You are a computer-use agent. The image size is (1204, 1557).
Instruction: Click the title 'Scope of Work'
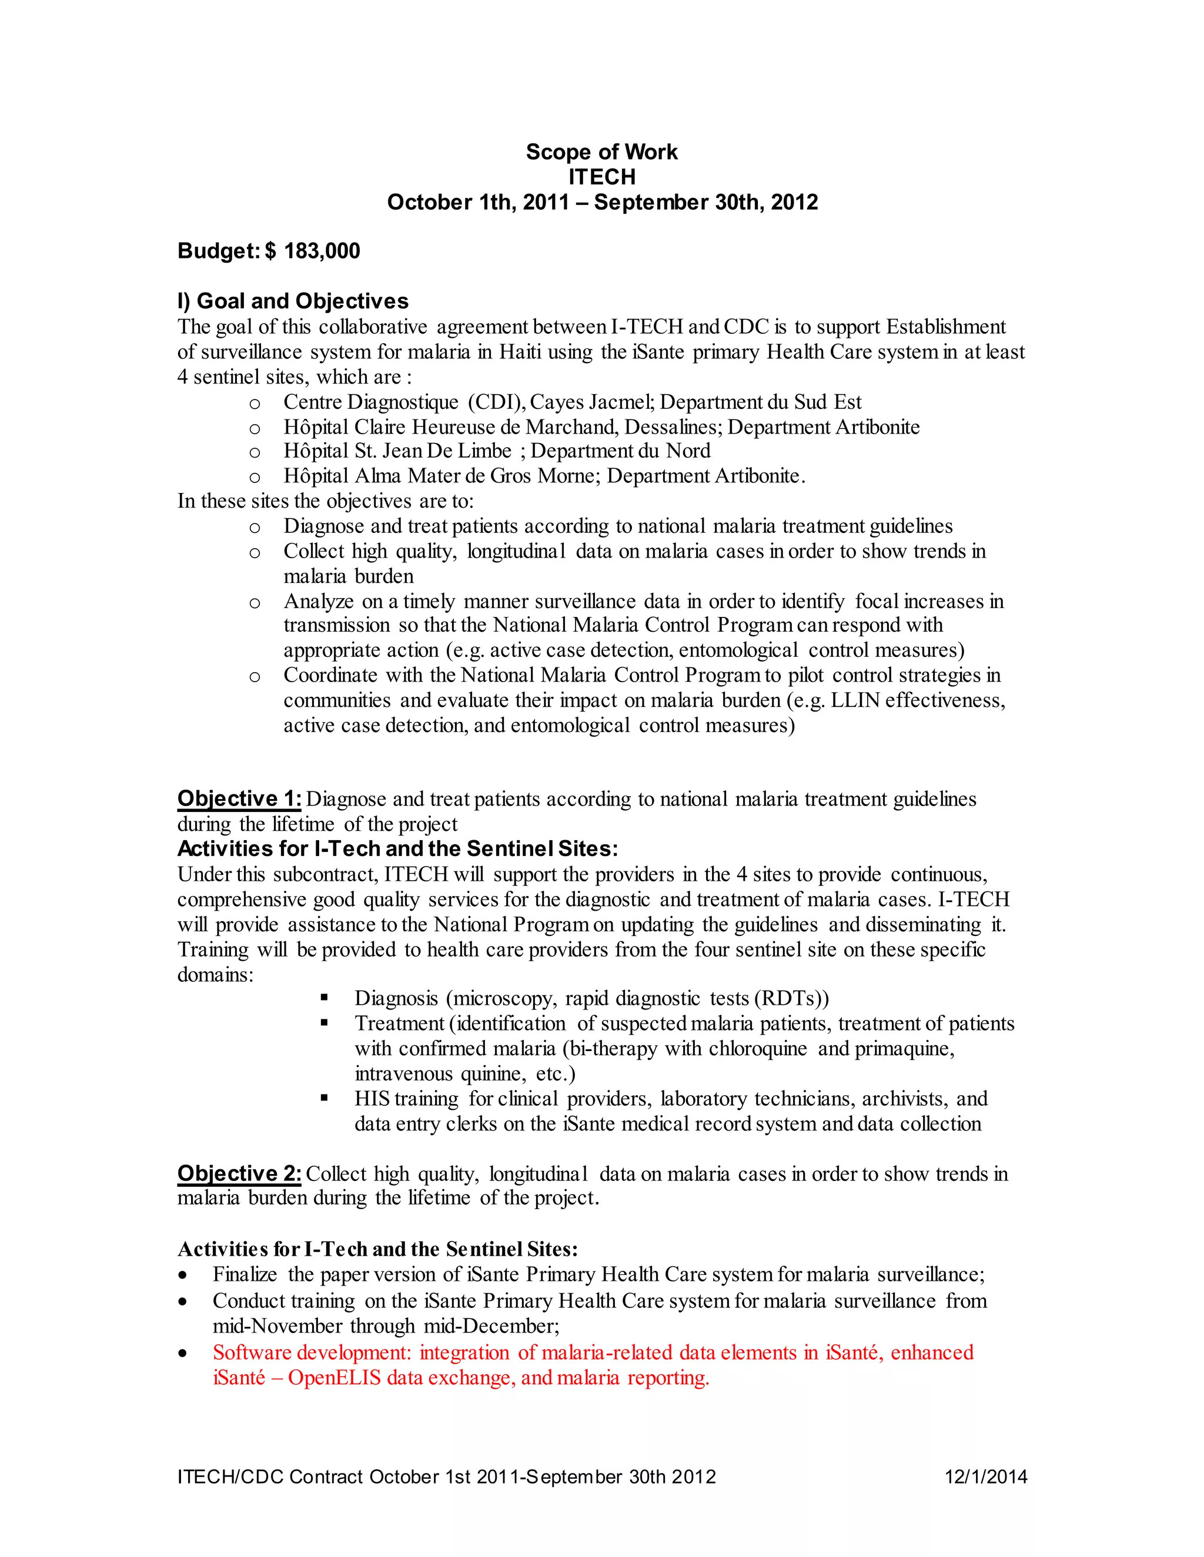[x=601, y=152]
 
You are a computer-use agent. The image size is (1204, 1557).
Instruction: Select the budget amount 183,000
[x=322, y=251]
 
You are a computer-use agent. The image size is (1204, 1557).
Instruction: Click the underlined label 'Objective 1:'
[x=239, y=798]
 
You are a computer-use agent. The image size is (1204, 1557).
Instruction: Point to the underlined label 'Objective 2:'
[x=239, y=1173]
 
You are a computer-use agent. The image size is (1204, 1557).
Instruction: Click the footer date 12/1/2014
[x=986, y=1477]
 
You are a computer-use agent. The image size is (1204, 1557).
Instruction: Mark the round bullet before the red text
[x=184, y=1353]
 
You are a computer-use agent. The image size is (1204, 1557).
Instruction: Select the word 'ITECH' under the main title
[x=601, y=177]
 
